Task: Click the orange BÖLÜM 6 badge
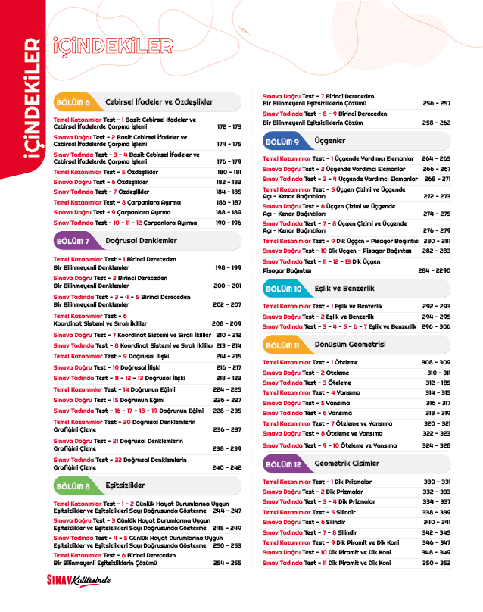pos(73,102)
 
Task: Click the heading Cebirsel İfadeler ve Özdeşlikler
pos(159,102)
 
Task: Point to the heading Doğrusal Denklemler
pos(141,241)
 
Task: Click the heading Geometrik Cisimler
pos(347,464)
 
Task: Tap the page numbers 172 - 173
pos(229,127)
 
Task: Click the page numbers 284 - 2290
pos(434,270)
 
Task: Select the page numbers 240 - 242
pos(227,468)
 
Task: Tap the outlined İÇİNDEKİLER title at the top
pos(113,45)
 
